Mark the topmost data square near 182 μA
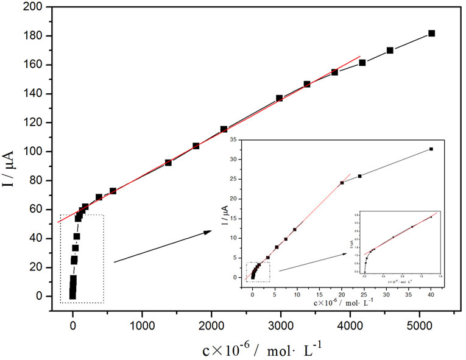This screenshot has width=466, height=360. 431,34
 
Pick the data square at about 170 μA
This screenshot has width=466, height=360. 390,51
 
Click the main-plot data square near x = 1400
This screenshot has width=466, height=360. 168,163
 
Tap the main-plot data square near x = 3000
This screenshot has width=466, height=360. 279,98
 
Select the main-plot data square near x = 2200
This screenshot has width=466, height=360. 224,129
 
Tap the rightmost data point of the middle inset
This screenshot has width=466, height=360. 431,149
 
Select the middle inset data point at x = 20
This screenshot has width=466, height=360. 342,183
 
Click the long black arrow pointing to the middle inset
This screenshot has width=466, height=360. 162,246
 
